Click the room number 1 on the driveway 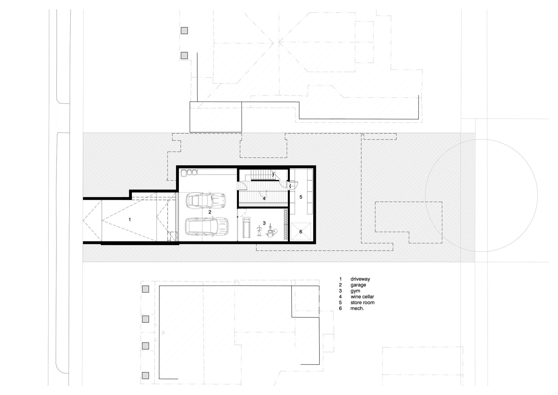point(129,220)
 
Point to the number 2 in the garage point(210,212)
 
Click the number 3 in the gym point(264,223)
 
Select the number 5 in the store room point(301,197)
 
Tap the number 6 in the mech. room point(300,232)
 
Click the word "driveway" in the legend point(360,279)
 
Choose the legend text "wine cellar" point(362,297)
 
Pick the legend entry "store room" point(362,303)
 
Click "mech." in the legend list point(357,308)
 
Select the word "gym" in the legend point(355,291)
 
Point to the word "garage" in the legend point(358,285)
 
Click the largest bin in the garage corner point(184,173)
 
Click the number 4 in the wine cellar point(264,198)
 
